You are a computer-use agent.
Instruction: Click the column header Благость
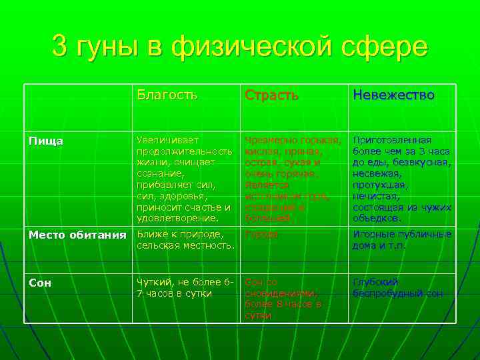click(167, 95)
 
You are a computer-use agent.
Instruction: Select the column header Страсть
click(271, 95)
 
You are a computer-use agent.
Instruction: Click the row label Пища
click(46, 141)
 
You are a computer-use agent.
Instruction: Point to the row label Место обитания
click(77, 235)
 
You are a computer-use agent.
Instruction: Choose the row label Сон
click(39, 282)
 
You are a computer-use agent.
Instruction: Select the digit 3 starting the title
click(59, 47)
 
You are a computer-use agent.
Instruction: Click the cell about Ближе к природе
click(186, 240)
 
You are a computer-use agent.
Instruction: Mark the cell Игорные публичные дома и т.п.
click(402, 240)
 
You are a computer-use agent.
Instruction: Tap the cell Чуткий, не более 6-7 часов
click(183, 287)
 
